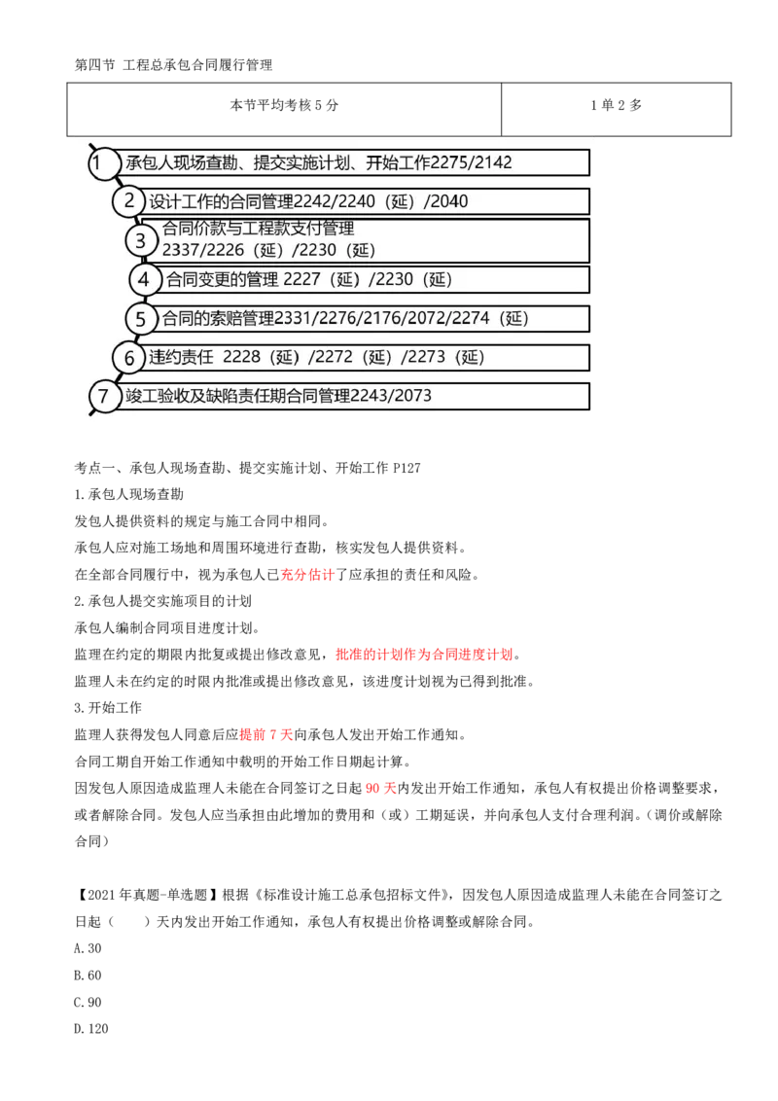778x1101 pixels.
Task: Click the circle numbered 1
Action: point(99,162)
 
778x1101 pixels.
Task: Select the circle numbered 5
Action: point(140,319)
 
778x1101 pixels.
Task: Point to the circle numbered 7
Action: point(102,397)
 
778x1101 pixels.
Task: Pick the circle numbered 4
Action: point(144,280)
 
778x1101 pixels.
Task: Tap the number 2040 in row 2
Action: point(448,202)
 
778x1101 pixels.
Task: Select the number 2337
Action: point(181,251)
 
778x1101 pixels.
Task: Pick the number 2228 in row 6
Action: point(241,358)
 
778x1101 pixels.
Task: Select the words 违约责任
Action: point(181,358)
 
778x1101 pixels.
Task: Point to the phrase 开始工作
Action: point(399,162)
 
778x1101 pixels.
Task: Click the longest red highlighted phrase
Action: point(423,654)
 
